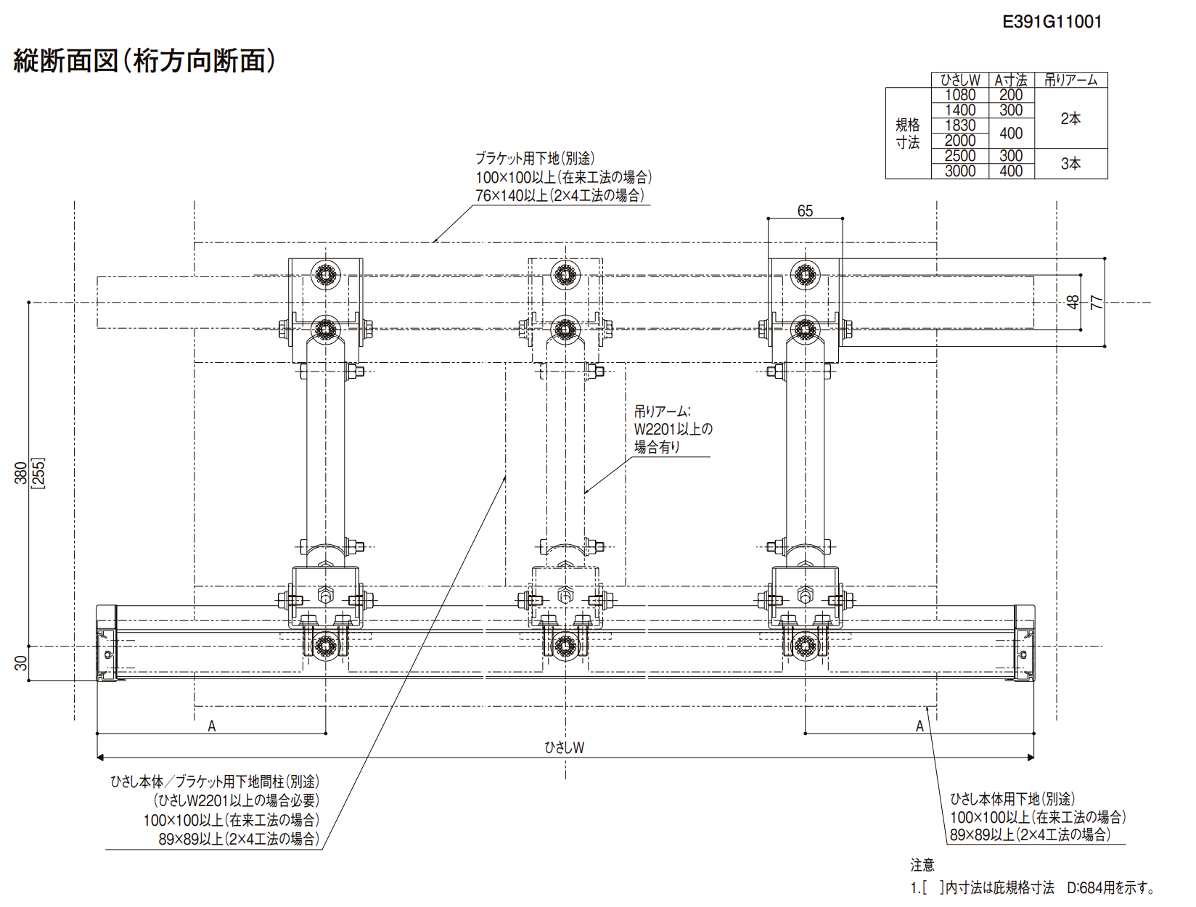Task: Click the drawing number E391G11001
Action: pyautogui.click(x=1052, y=22)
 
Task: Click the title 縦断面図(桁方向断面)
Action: pyautogui.click(x=144, y=60)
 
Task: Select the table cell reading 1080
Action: pyautogui.click(x=959, y=95)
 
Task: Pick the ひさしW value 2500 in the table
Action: pyautogui.click(x=959, y=156)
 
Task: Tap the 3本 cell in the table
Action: pyautogui.click(x=1070, y=163)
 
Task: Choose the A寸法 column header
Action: pyautogui.click(x=1011, y=80)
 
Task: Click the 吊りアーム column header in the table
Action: pyautogui.click(x=1070, y=80)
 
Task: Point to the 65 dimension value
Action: pyautogui.click(x=805, y=210)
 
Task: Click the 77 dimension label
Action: pyautogui.click(x=1097, y=303)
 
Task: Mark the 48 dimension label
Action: pyautogui.click(x=1073, y=303)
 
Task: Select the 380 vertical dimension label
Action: pyautogui.click(x=21, y=472)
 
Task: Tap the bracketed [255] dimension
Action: pyautogui.click(x=38, y=473)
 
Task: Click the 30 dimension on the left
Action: pyautogui.click(x=21, y=663)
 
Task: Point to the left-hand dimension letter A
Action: pyautogui.click(x=212, y=726)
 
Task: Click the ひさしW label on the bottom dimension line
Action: pyautogui.click(x=564, y=747)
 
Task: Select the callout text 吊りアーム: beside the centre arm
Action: pyautogui.click(x=662, y=411)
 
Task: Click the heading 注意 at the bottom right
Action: pyautogui.click(x=922, y=864)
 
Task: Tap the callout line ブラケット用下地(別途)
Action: pyautogui.click(x=535, y=158)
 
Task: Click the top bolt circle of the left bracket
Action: pyautogui.click(x=326, y=274)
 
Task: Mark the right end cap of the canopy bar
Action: pyautogui.click(x=1024, y=643)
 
